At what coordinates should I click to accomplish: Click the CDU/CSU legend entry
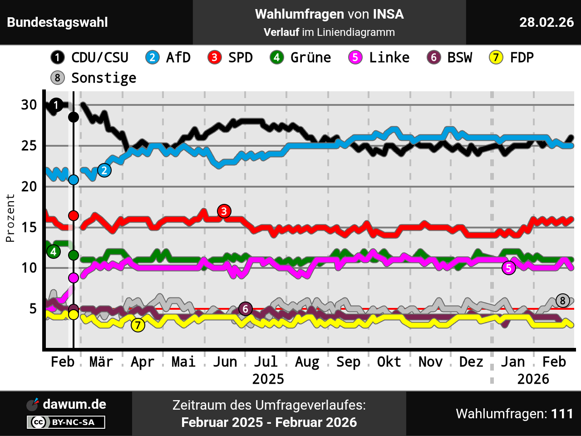(x=90, y=58)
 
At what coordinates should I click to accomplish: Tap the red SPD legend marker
(x=214, y=58)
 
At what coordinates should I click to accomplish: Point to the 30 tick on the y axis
(x=29, y=105)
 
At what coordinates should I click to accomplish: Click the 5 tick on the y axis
(x=33, y=309)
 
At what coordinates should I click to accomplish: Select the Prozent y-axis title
(x=10, y=218)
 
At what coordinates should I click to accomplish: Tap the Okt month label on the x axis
(x=389, y=362)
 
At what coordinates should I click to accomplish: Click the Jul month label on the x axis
(x=266, y=362)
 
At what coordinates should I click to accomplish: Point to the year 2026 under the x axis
(x=533, y=379)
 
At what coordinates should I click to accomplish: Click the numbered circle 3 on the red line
(x=224, y=211)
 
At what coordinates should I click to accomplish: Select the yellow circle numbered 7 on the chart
(x=138, y=325)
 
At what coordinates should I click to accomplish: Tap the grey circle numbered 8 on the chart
(x=563, y=301)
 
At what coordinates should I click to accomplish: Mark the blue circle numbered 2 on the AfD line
(x=104, y=171)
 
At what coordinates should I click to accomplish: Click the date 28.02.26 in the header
(x=547, y=22)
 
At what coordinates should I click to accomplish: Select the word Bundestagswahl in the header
(x=58, y=22)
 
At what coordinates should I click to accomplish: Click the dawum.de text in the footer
(x=74, y=404)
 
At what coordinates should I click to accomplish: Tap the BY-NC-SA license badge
(x=66, y=422)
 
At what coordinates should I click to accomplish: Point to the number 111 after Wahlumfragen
(x=562, y=414)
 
